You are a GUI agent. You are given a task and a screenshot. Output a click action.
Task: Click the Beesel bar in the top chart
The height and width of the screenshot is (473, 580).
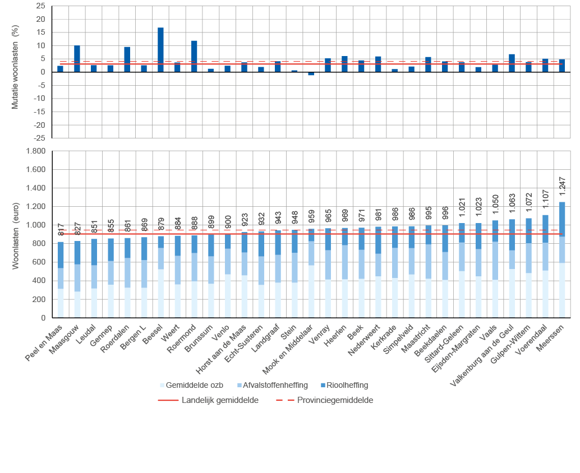coord(160,50)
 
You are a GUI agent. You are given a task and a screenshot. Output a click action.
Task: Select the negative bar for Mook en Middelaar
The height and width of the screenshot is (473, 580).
coord(311,73)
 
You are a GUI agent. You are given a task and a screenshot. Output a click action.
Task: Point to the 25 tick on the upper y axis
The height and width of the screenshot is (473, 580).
coord(40,6)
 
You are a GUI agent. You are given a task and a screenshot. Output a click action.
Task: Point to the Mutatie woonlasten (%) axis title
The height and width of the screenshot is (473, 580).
coord(16,72)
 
